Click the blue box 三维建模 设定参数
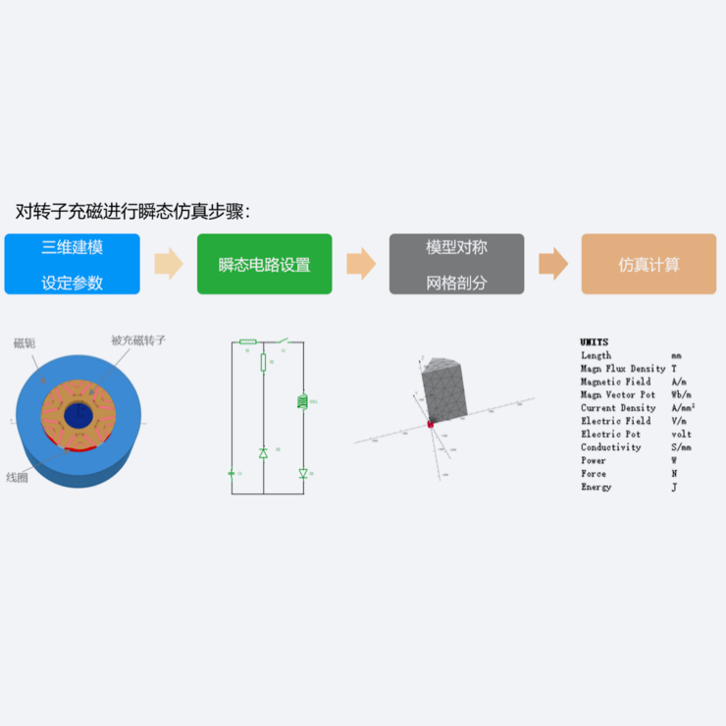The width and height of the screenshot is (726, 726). [72, 264]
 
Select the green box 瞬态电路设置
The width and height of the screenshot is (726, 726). [264, 264]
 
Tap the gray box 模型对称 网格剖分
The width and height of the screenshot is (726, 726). [456, 264]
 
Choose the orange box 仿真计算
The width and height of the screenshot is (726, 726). [648, 264]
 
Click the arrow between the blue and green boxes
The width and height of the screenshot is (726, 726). [169, 264]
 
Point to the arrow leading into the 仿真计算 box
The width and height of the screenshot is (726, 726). [553, 264]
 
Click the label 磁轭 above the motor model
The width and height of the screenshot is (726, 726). [25, 342]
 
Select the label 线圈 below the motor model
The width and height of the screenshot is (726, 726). [19, 478]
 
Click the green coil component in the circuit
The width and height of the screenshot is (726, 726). [302, 401]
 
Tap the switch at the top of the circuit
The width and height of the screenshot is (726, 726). [282, 341]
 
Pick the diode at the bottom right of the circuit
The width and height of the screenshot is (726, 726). [302, 473]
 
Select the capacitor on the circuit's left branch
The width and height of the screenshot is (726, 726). [232, 473]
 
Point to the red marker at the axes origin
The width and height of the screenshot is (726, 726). [429, 424]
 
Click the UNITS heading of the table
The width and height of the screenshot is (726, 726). [594, 342]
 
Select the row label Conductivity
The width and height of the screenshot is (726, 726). [610, 447]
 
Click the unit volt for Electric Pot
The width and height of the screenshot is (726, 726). [681, 434]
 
